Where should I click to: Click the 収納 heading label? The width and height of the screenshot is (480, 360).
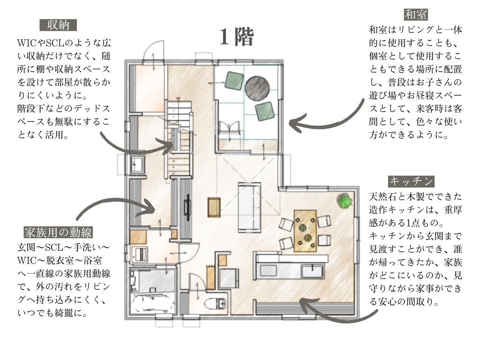[x=58, y=25]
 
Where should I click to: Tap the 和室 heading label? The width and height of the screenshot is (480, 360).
[x=416, y=15]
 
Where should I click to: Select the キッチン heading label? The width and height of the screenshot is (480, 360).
[x=411, y=181]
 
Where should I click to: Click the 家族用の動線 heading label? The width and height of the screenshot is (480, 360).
[x=58, y=232]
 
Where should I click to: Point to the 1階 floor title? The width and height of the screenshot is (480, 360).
[x=237, y=37]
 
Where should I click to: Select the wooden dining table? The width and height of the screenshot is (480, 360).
[x=305, y=231]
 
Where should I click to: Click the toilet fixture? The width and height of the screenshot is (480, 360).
[x=216, y=304]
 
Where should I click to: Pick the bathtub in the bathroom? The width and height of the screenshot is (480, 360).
[x=153, y=303]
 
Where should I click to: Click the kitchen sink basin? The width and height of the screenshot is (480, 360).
[x=312, y=271]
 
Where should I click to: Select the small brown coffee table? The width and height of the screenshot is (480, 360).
[x=214, y=208]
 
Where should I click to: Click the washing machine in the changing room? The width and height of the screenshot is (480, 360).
[x=140, y=254]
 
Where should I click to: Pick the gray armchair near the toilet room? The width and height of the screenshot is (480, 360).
[x=229, y=278]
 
